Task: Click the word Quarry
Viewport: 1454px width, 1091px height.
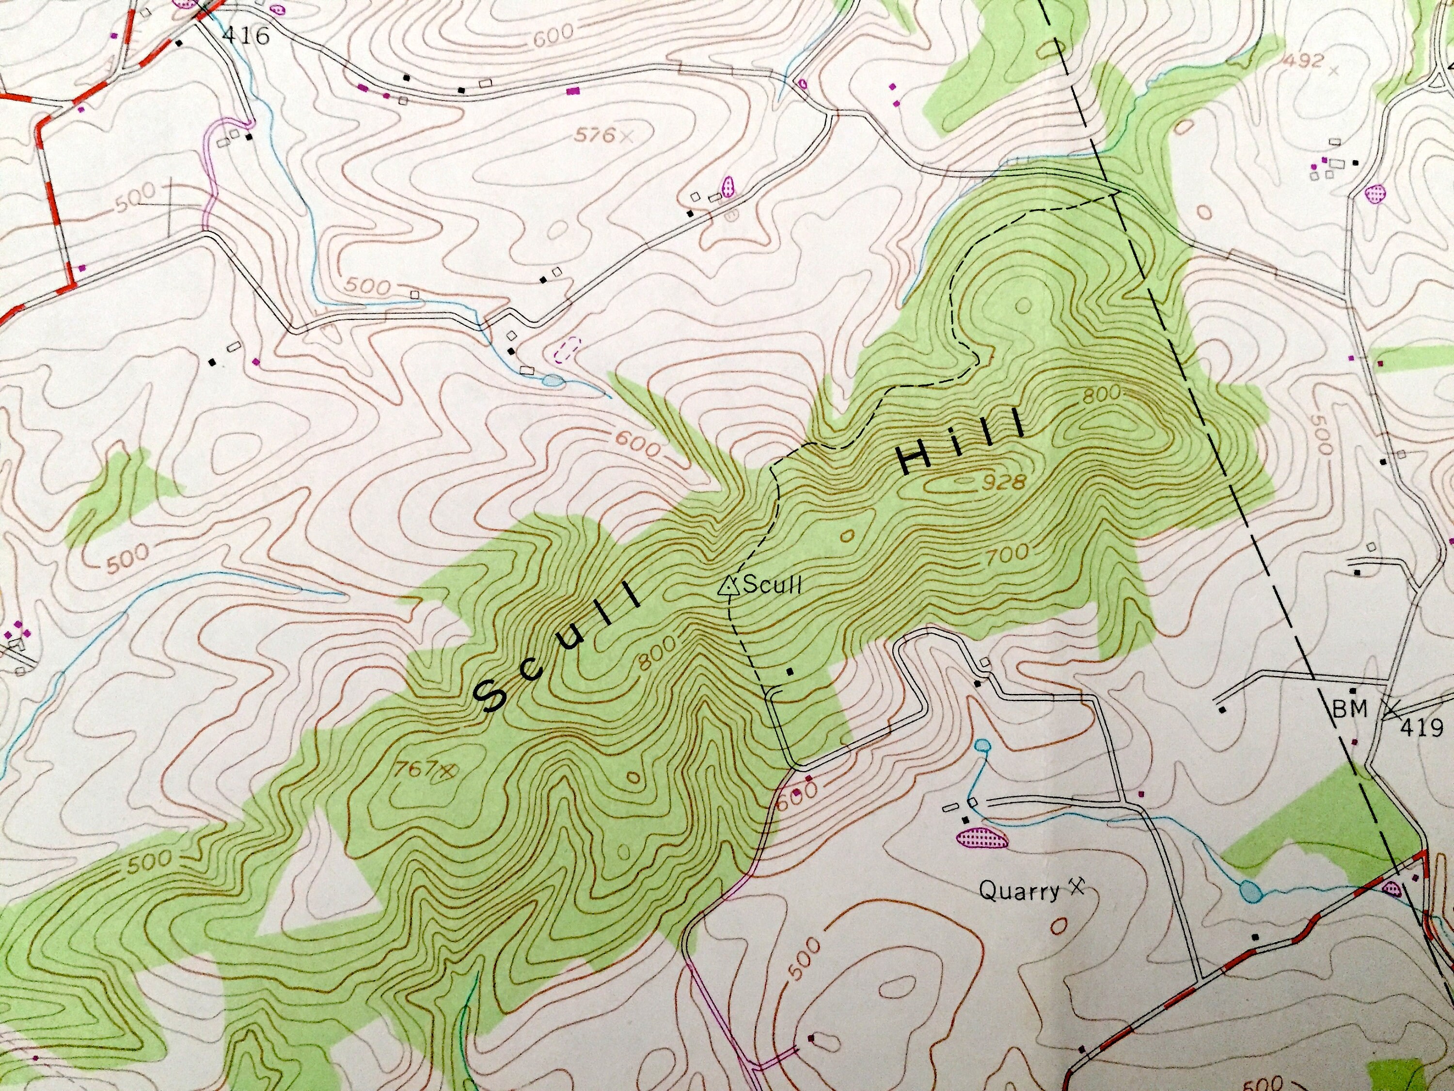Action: (x=1019, y=891)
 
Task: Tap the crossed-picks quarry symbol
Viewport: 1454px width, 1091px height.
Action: (x=1076, y=887)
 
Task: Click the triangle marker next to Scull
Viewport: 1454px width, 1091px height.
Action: (x=727, y=585)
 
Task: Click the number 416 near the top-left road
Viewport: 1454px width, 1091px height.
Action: (x=246, y=35)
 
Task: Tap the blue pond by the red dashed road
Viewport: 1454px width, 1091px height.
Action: (x=1250, y=892)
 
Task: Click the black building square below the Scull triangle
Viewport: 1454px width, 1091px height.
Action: (x=790, y=672)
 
